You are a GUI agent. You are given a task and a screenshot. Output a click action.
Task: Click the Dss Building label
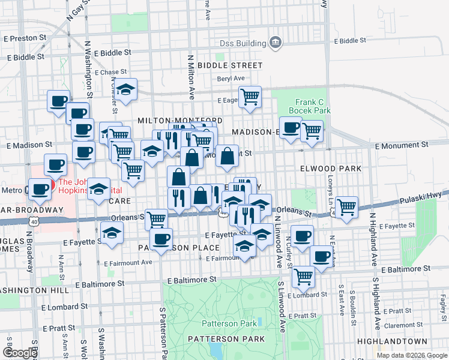(x=243, y=43)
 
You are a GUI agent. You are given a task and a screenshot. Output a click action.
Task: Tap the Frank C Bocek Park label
(x=309, y=106)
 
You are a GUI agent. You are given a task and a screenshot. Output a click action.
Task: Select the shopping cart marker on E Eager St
(x=250, y=96)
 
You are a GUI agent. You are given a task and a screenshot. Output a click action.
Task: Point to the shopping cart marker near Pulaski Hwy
(x=347, y=207)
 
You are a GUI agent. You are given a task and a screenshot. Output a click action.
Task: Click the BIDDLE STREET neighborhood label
(x=230, y=65)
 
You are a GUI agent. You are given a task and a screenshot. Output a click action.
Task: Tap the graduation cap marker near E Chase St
(x=126, y=89)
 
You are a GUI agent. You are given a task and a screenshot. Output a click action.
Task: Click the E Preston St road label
(x=25, y=37)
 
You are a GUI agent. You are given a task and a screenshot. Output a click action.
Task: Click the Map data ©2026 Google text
(x=412, y=355)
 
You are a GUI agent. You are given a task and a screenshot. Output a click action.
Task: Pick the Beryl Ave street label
(x=231, y=79)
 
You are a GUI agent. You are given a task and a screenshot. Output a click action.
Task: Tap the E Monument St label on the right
(x=402, y=145)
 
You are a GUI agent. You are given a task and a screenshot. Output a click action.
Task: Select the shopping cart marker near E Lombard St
(x=304, y=277)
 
